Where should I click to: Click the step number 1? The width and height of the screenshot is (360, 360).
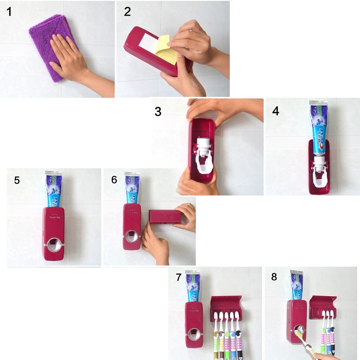point(9,12)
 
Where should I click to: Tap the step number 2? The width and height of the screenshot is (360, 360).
point(127,12)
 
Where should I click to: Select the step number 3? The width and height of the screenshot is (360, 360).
point(158,112)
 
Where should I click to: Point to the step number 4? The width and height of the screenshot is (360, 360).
point(276,111)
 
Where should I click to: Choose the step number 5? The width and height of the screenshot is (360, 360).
point(17,180)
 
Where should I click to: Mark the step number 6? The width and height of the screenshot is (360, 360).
point(114,180)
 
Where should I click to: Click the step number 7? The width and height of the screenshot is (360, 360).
point(178,278)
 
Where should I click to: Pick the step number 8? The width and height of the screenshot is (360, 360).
point(274,277)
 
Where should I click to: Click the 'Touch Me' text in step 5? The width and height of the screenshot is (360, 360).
point(55,217)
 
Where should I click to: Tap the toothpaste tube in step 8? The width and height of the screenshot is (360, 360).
point(297,285)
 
